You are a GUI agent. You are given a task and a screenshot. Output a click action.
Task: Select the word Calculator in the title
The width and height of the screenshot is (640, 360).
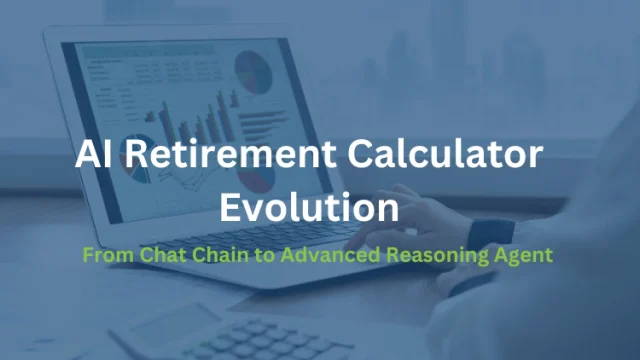(x=445, y=154)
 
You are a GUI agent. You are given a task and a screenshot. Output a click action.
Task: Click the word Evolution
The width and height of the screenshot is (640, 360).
(x=309, y=207)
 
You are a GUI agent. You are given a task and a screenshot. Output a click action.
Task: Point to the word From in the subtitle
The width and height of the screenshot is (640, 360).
(x=108, y=255)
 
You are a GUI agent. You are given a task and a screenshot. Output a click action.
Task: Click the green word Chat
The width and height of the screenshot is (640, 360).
(x=163, y=255)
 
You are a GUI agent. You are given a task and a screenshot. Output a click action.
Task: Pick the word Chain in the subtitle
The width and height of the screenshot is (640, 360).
(x=220, y=255)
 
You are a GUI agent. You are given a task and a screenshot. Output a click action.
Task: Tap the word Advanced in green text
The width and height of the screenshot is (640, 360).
(x=331, y=255)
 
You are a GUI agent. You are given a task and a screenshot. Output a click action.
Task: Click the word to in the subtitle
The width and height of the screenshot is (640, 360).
(x=264, y=256)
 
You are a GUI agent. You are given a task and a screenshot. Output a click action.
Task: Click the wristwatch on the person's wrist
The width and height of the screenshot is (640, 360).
(x=491, y=234)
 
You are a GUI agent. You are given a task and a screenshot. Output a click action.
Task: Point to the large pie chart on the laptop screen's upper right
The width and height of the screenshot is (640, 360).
(x=253, y=72)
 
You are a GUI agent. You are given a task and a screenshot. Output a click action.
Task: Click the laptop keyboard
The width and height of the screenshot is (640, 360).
(x=261, y=237)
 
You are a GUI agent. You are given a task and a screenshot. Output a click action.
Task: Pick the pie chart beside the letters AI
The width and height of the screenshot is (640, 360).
(x=136, y=159)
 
